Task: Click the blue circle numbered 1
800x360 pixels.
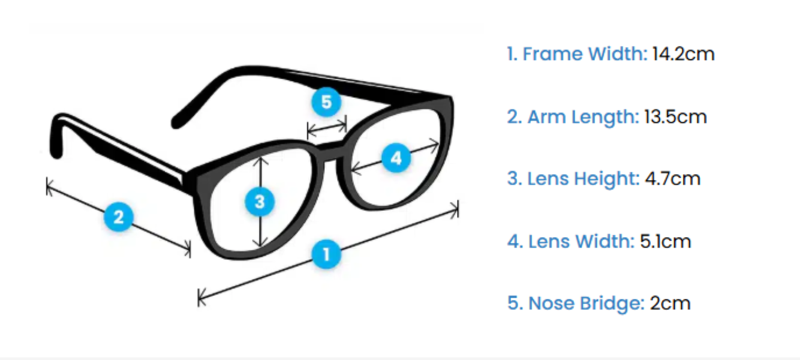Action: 326,254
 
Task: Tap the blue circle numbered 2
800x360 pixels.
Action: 118,217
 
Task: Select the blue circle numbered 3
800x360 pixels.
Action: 260,202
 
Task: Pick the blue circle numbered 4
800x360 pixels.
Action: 396,159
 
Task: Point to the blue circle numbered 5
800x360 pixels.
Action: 326,102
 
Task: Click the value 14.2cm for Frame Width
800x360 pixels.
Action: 684,54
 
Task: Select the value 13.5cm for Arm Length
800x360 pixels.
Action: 675,116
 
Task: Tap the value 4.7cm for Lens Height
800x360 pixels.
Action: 672,179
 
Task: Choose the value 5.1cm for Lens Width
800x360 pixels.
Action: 666,241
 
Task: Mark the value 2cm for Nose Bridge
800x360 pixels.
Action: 670,303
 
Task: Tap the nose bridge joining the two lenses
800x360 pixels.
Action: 327,150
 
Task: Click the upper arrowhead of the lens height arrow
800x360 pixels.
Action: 260,159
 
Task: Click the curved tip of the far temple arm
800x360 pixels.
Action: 177,122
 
